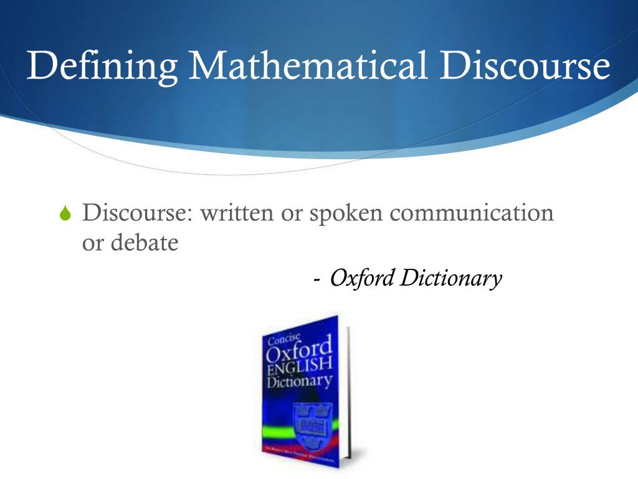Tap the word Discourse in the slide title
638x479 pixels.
coord(525,65)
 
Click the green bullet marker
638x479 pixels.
coord(66,215)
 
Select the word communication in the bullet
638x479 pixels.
coord(472,213)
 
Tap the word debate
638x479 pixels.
coord(145,243)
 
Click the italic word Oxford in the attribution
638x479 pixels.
coord(361,278)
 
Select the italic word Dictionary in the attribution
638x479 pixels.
coord(450,278)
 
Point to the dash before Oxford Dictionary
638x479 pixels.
coord(318,279)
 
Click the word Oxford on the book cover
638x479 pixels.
coord(298,355)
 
